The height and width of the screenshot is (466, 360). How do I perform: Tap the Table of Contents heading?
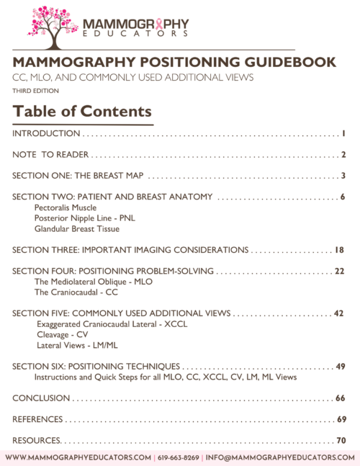(x=82, y=112)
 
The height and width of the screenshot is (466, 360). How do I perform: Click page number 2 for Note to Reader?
(x=344, y=155)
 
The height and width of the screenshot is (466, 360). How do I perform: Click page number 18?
(x=340, y=250)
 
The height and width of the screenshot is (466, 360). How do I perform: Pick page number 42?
(x=339, y=313)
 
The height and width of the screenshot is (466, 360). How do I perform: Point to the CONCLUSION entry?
(x=41, y=398)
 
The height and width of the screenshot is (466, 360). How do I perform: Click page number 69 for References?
(x=341, y=419)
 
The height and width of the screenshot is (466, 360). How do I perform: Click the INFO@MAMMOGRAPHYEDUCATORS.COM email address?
(x=279, y=457)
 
